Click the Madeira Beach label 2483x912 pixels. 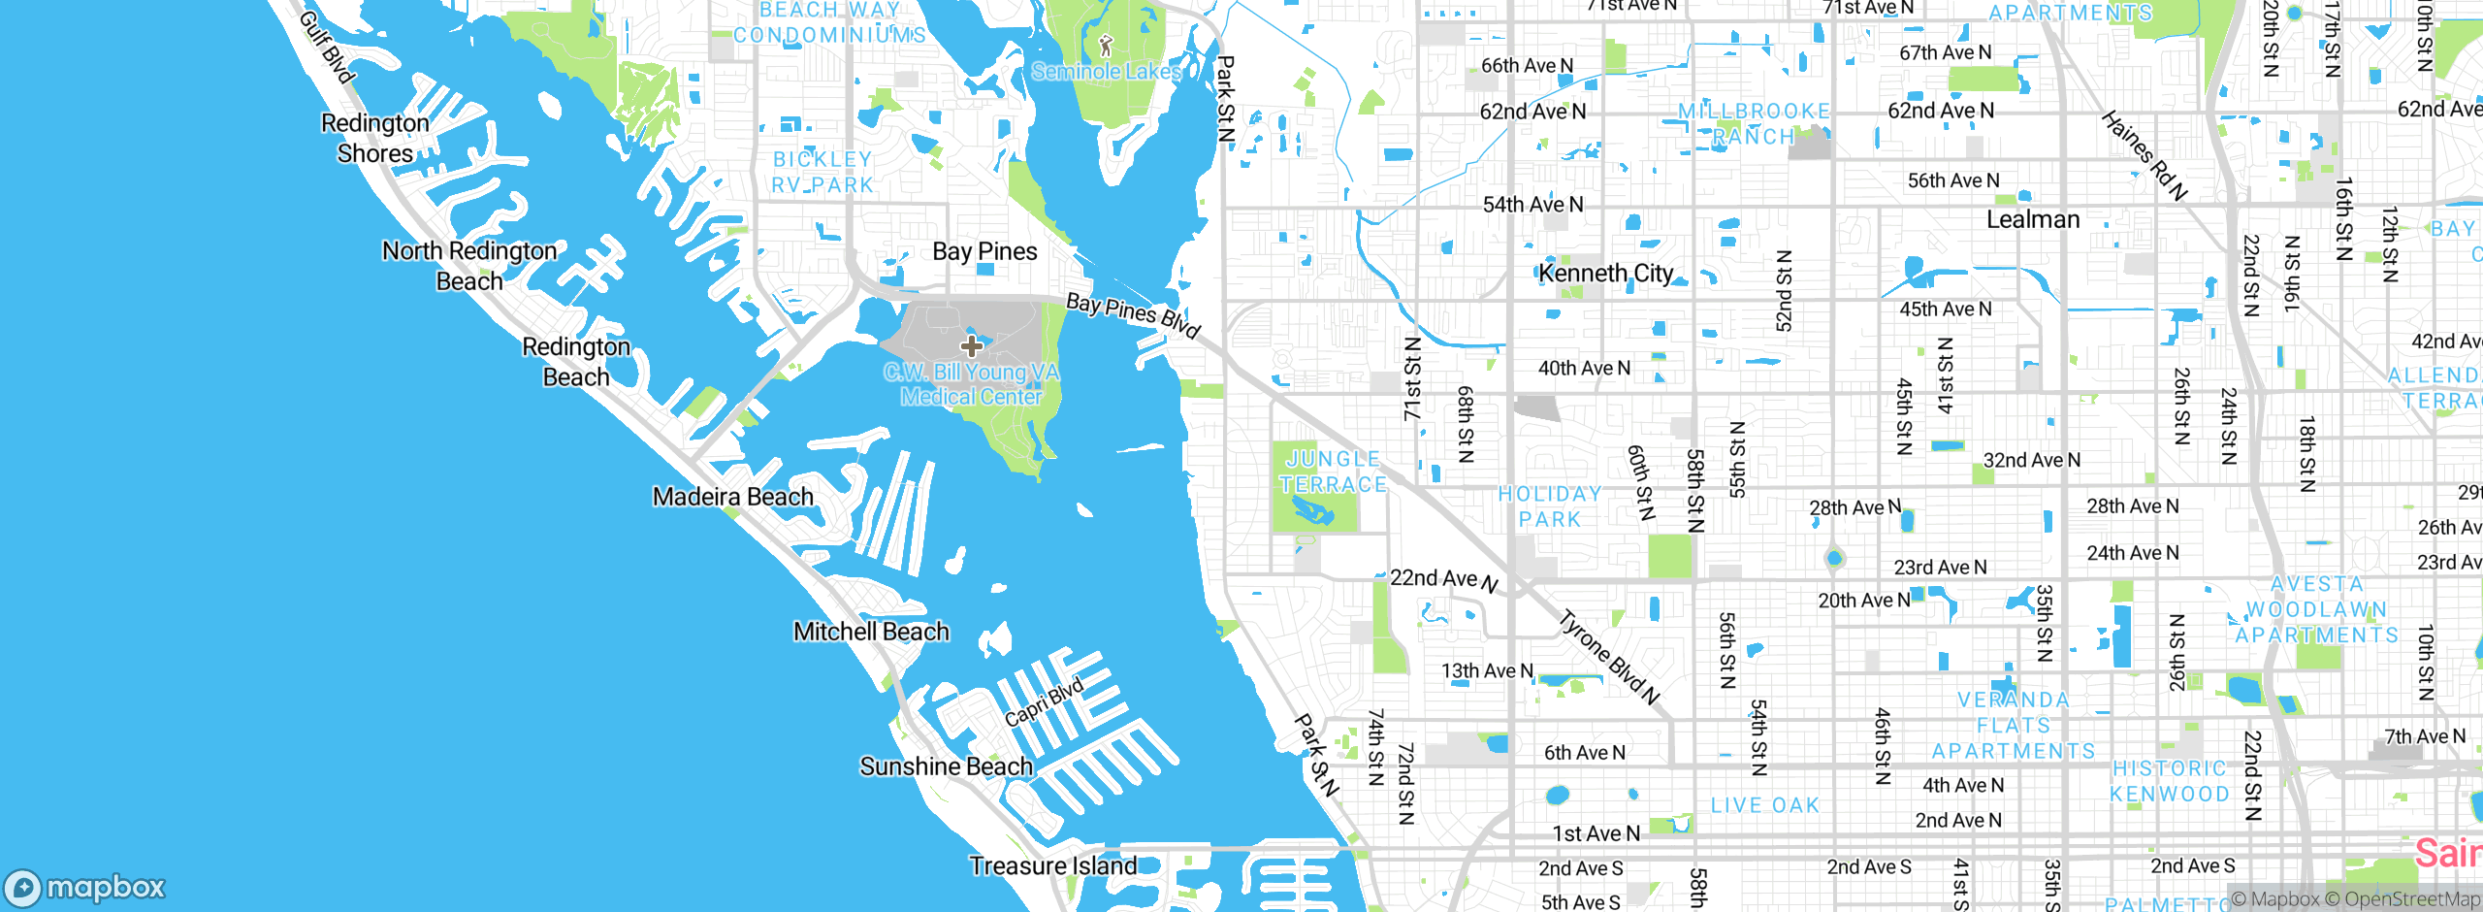[x=732, y=497]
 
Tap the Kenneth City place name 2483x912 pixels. [x=1606, y=274]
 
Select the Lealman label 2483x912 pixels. [x=2033, y=219]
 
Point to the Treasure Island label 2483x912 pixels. [x=1053, y=865]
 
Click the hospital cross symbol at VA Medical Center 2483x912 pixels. [x=972, y=346]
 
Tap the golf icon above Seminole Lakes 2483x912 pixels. [x=1106, y=45]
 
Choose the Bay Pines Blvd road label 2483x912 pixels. [x=1133, y=314]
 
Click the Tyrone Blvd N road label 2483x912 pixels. [x=1609, y=657]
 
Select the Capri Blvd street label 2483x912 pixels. [x=1044, y=702]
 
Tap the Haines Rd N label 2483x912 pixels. [x=2144, y=155]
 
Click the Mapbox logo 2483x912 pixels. [x=85, y=887]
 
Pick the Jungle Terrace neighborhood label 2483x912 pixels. [x=1333, y=472]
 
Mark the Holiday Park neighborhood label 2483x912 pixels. [x=1550, y=506]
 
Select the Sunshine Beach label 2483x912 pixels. [x=946, y=766]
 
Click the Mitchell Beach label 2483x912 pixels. [x=871, y=632]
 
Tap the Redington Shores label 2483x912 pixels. [x=375, y=138]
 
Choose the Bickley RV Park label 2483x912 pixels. [x=822, y=172]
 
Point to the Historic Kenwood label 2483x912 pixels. [x=2170, y=781]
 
